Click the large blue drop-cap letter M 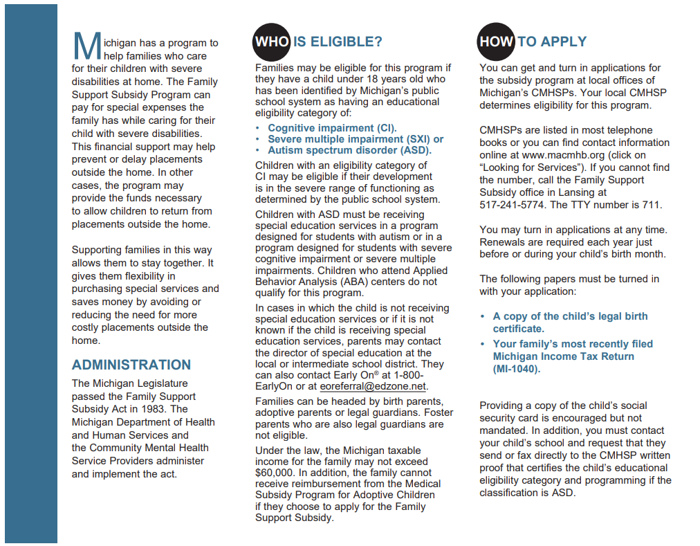coord(86,46)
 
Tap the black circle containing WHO coord(272,42)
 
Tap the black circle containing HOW coord(496,42)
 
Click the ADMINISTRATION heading coord(131,365)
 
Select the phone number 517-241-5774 coord(510,205)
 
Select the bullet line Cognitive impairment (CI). coord(332,128)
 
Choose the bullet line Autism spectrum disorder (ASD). coord(349,150)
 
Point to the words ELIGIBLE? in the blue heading coord(338,42)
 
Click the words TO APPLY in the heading coord(552,42)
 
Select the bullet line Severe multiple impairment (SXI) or coord(356,139)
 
